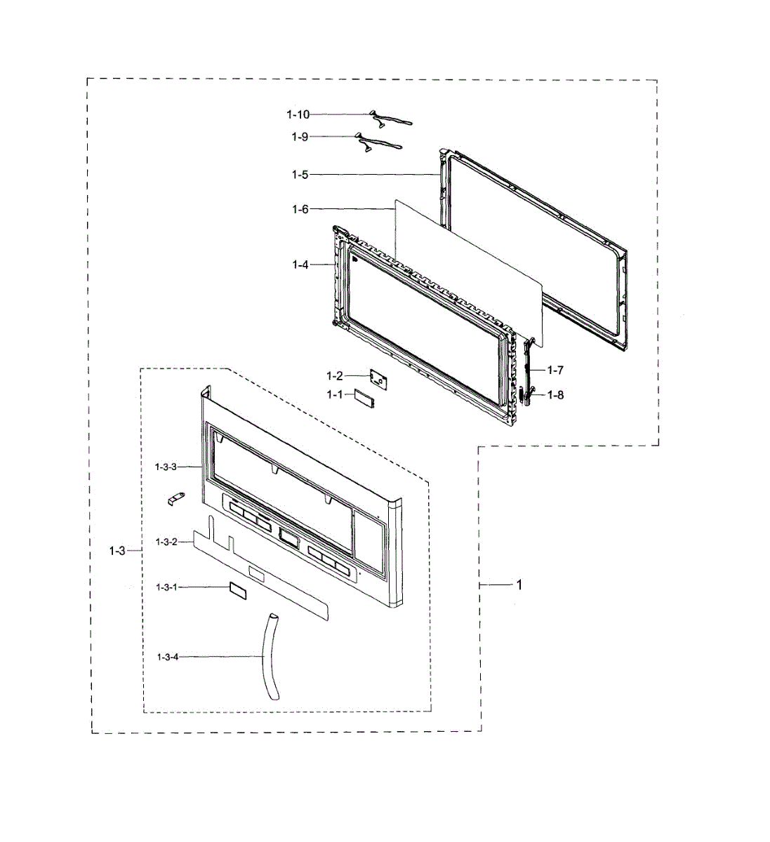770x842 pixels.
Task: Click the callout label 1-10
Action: point(298,114)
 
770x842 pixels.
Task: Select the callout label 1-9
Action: point(300,137)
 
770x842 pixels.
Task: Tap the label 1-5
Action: point(300,175)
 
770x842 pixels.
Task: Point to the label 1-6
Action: point(300,209)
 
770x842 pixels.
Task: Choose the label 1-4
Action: point(300,265)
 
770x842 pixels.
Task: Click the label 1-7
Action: point(555,370)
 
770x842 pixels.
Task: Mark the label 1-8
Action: point(555,395)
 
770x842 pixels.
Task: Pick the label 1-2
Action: point(334,376)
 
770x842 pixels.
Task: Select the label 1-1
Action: point(334,395)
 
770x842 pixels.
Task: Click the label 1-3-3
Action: point(166,466)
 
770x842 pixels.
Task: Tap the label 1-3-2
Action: point(166,542)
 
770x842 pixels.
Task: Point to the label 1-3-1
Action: point(166,587)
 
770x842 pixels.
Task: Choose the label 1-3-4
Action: point(168,657)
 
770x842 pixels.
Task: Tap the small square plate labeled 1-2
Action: point(380,379)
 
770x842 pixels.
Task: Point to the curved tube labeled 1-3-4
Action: point(272,655)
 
